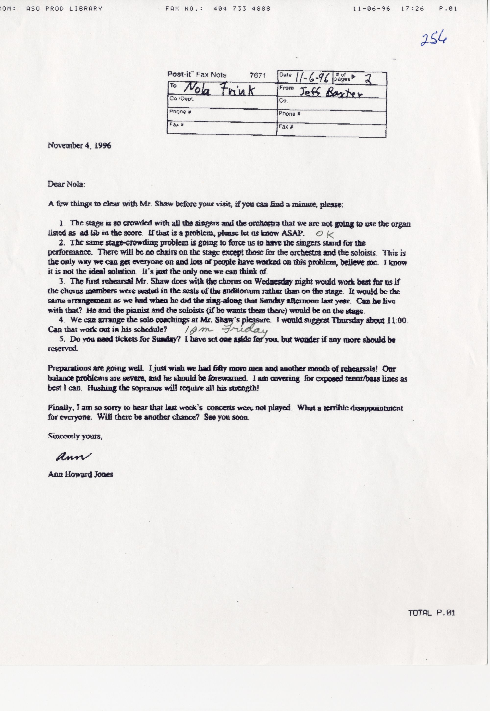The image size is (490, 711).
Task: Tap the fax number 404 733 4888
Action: [x=242, y=9]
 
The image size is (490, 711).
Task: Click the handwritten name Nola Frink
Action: [x=219, y=90]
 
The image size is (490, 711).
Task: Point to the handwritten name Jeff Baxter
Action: [x=331, y=92]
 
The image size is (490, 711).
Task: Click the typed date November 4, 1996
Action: [x=79, y=145]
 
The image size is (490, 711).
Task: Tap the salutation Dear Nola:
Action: [x=66, y=184]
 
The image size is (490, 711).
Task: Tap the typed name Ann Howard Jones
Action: [x=80, y=474]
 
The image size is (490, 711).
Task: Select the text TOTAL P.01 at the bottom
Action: [x=432, y=613]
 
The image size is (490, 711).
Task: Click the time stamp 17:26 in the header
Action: [x=412, y=9]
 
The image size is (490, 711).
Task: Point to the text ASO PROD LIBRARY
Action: [x=64, y=9]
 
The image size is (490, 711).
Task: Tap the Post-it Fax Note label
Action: [x=196, y=74]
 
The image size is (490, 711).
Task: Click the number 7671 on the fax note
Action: [x=257, y=75]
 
